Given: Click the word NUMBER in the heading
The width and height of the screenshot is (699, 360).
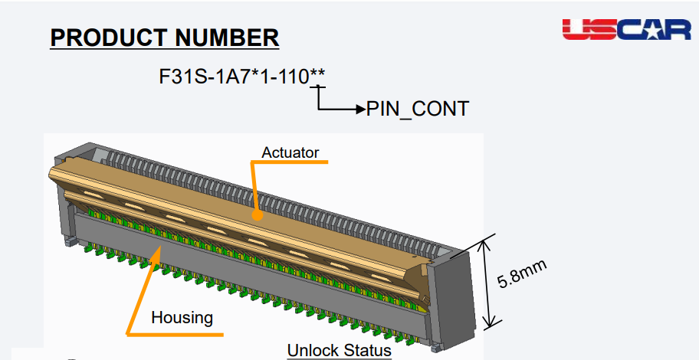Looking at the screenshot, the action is pyautogui.click(x=227, y=38).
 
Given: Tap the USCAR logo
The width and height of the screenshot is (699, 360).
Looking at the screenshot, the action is pyautogui.click(x=626, y=29).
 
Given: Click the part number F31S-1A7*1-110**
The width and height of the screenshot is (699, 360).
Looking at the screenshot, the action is pyautogui.click(x=242, y=77).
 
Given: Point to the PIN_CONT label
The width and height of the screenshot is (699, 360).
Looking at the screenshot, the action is pyautogui.click(x=417, y=109).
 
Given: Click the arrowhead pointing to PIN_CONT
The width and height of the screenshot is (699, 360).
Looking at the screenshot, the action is pyautogui.click(x=361, y=109).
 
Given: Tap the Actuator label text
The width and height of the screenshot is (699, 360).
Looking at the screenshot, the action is pyautogui.click(x=290, y=152).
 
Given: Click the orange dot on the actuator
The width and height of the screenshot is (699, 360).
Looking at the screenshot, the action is pyautogui.click(x=257, y=215).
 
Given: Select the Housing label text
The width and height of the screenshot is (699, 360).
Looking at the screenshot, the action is pyautogui.click(x=182, y=318).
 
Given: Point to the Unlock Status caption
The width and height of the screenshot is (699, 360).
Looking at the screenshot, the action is pyautogui.click(x=340, y=350).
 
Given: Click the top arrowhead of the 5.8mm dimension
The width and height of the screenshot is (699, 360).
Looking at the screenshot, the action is pyautogui.click(x=484, y=244).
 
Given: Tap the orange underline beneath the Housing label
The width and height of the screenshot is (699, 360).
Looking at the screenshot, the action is pyautogui.click(x=175, y=334).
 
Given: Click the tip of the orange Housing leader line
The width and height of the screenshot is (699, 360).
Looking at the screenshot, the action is pyautogui.click(x=160, y=247).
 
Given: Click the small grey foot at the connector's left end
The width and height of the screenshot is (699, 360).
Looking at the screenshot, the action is pyautogui.click(x=69, y=241).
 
